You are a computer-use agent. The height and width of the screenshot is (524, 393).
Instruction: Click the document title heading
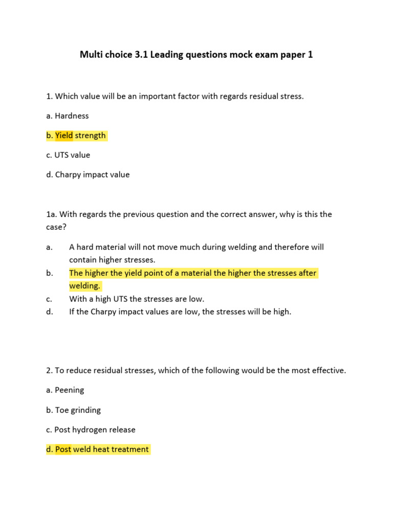coord(196,55)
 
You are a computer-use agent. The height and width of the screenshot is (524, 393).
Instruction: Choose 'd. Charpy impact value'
coord(88,174)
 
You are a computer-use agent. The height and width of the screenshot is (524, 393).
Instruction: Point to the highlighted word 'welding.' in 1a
coord(85,286)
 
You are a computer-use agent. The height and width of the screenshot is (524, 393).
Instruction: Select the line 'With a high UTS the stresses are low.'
coord(137,299)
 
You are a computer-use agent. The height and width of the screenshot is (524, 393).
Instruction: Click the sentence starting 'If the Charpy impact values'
coord(180,312)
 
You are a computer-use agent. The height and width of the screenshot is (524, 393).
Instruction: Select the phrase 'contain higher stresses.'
coord(112,260)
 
